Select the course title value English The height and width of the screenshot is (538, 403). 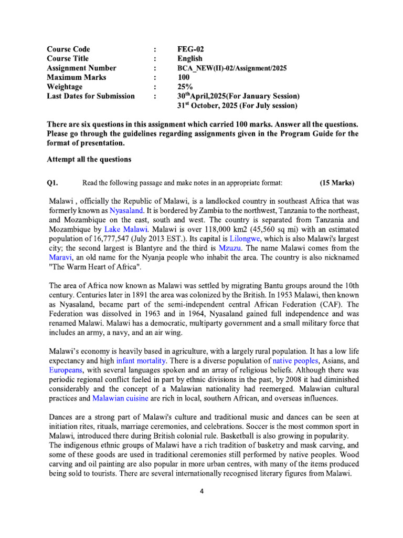tap(190, 58)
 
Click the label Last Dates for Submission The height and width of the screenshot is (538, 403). tap(91, 96)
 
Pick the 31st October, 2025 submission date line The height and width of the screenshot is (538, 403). tap(238, 106)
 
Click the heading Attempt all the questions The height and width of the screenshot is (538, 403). tap(89, 159)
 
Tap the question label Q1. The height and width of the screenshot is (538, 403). tap(52, 183)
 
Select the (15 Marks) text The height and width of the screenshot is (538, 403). tap(337, 183)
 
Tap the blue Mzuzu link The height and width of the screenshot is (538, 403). tap(230, 248)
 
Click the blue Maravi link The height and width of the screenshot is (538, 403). tap(60, 257)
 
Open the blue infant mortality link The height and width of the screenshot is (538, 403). tap(140, 360)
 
